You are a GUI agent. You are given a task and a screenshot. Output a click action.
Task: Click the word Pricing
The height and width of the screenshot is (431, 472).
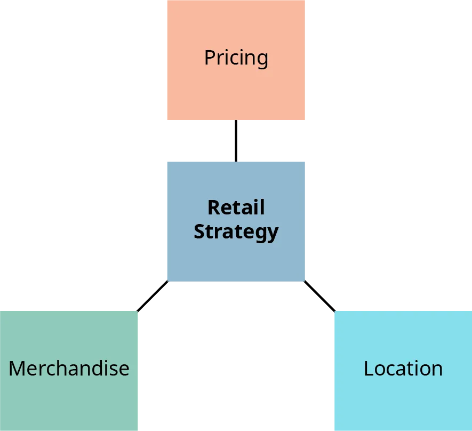coord(236,58)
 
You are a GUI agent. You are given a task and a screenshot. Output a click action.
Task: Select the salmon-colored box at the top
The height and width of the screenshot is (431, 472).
coord(236,91)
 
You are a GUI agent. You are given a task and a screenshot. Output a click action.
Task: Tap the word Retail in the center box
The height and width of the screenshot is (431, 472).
coord(236,207)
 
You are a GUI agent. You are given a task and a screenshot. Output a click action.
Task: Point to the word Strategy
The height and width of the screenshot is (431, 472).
coord(236,232)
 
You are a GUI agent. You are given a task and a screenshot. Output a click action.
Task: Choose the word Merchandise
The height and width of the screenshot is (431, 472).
coord(69,369)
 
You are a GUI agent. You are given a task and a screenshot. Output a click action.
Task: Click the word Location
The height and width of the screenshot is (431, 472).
coord(403,369)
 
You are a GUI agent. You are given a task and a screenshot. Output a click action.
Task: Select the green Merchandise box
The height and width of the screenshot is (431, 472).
coord(69,400)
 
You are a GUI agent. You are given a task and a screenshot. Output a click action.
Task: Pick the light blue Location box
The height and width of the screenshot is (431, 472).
coord(403,400)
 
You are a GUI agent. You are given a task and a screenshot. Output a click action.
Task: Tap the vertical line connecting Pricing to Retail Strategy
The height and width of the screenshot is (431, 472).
coord(236,141)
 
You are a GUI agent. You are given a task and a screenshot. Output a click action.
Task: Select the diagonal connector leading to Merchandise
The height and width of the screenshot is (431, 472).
coord(153,295)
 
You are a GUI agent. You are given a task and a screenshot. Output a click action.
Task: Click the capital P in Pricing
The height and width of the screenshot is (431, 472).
coord(210,58)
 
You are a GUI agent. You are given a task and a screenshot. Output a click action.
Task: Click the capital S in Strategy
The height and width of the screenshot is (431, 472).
coord(199,232)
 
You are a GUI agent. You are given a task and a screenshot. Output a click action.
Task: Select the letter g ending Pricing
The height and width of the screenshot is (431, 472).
coord(262,60)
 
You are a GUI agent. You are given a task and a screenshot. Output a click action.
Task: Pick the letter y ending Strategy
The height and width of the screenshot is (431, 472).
coord(273,234)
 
